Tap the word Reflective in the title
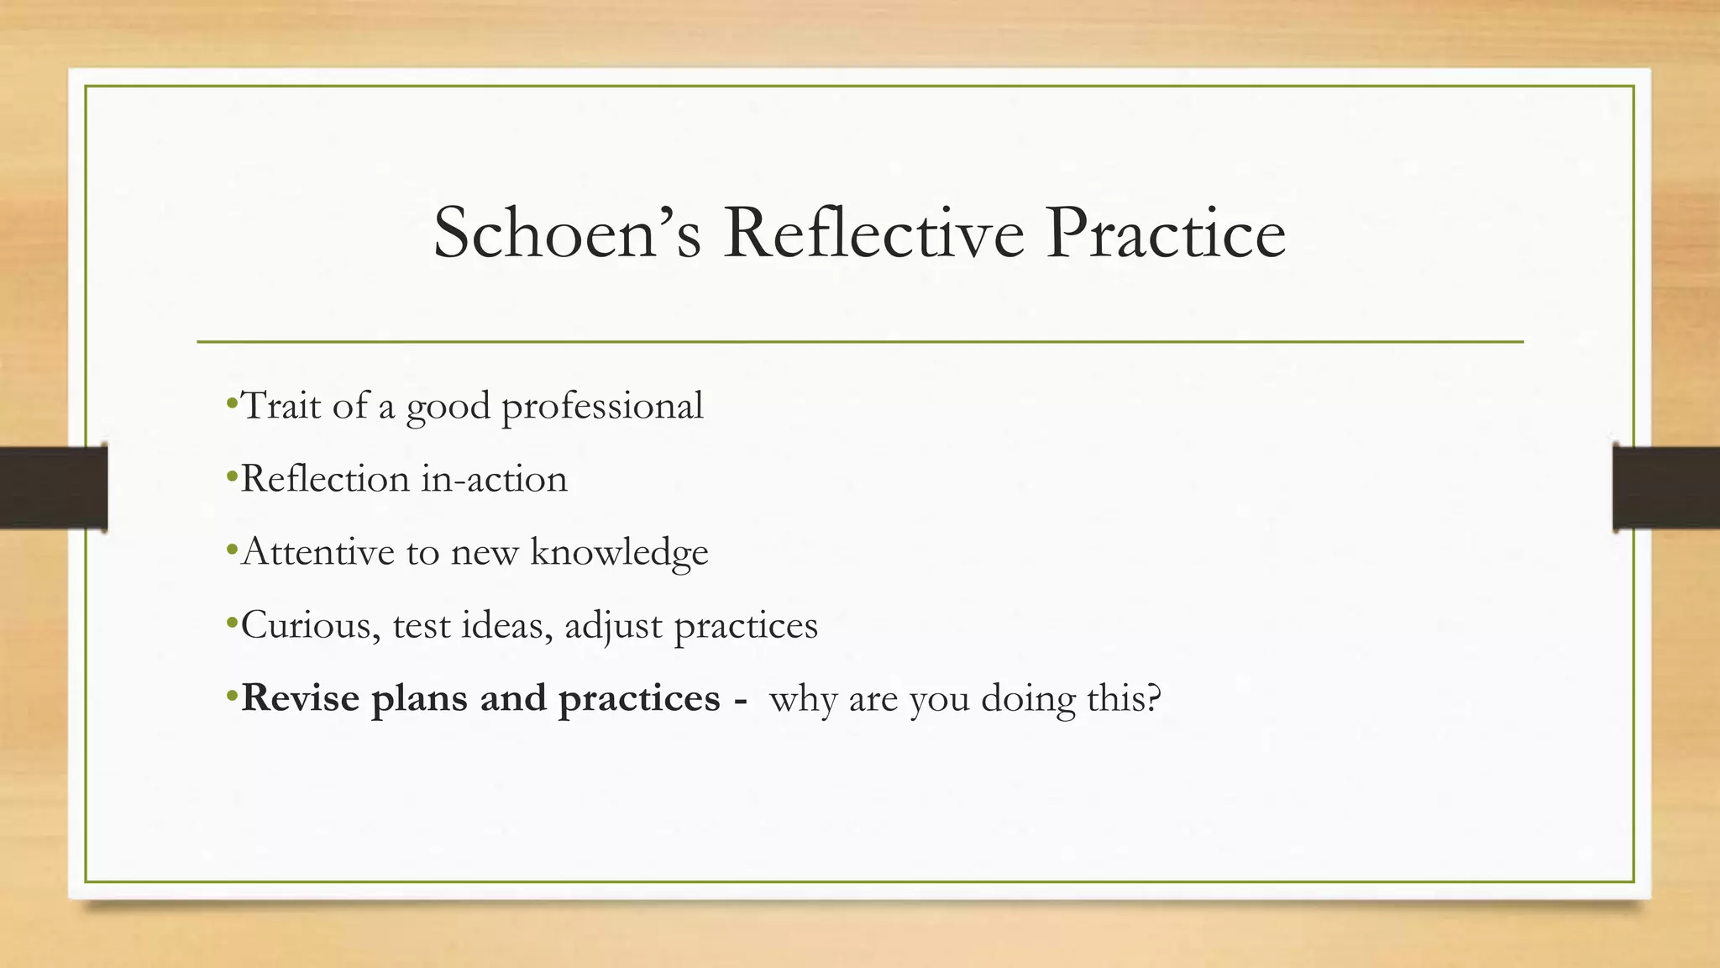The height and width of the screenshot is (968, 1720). coord(873,233)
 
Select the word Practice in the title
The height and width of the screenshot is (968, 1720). coord(1166,233)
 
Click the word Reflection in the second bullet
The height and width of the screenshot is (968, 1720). coord(325,479)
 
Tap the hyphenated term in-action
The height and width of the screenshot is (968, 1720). coord(495,479)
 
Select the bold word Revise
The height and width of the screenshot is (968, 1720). coord(301,698)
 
